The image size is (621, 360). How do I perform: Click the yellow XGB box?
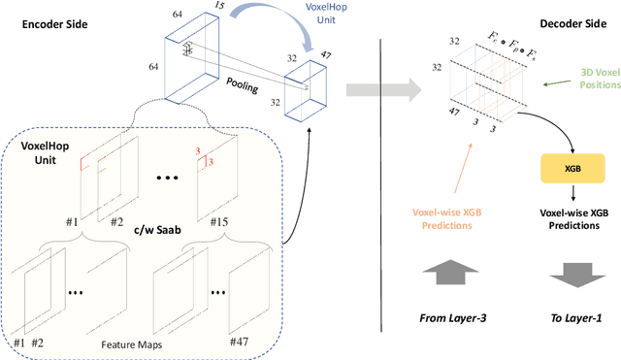pyautogui.click(x=572, y=168)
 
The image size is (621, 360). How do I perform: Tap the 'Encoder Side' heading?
pyautogui.click(x=54, y=24)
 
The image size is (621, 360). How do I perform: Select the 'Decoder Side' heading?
pyautogui.click(x=573, y=23)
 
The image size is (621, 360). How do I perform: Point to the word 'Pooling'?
pyautogui.click(x=242, y=85)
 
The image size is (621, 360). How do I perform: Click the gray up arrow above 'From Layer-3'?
pyautogui.click(x=450, y=273)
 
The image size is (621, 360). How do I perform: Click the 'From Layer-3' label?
pyautogui.click(x=453, y=318)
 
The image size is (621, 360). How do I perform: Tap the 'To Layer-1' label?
pyautogui.click(x=576, y=318)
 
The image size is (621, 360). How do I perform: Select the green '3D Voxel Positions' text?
pyautogui.click(x=600, y=79)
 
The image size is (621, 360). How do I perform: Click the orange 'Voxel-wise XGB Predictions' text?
pyautogui.click(x=446, y=218)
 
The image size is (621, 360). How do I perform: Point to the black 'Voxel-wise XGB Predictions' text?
pyautogui.click(x=573, y=218)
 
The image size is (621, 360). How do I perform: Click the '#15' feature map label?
pyautogui.click(x=219, y=222)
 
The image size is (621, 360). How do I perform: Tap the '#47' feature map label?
pyautogui.click(x=239, y=342)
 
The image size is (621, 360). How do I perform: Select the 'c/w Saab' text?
pyautogui.click(x=157, y=230)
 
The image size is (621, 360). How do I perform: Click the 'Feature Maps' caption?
pyautogui.click(x=132, y=344)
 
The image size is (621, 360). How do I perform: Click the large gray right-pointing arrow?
pyautogui.click(x=383, y=90)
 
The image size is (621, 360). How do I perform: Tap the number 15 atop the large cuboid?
pyautogui.click(x=218, y=5)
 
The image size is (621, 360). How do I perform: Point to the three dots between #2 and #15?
pyautogui.click(x=167, y=178)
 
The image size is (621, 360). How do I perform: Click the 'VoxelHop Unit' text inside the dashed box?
pyautogui.click(x=45, y=153)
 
